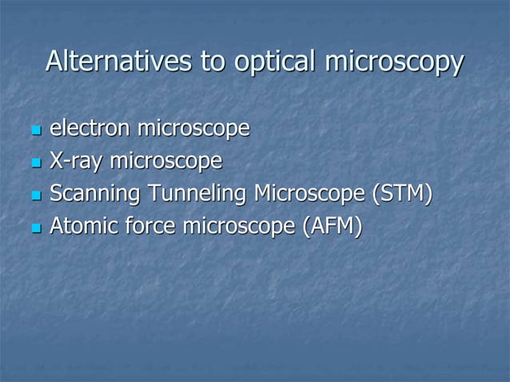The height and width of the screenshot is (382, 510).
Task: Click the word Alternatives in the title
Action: click(118, 62)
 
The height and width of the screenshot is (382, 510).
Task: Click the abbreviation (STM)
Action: click(407, 194)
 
